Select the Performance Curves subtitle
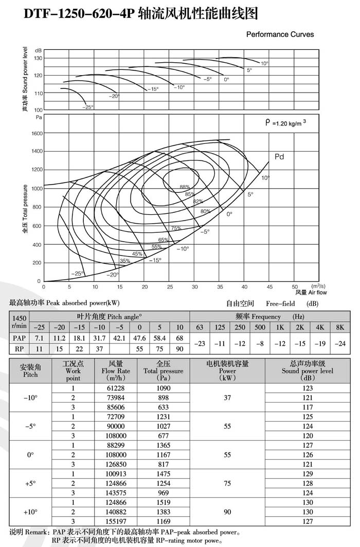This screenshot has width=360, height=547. point(280,34)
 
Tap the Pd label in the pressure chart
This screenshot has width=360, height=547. point(279,157)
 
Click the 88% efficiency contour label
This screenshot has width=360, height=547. point(185,187)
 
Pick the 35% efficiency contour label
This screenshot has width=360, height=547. point(125,261)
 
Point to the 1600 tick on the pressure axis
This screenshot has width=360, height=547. point(35,133)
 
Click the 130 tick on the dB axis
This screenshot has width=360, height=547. point(38,58)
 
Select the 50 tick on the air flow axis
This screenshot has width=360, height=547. point(295,286)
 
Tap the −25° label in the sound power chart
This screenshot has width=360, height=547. point(88,107)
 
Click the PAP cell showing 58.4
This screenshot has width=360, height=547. point(160,338)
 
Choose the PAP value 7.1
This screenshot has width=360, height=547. point(39,338)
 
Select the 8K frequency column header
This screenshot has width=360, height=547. point(340,327)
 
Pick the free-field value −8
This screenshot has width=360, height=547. point(260,343)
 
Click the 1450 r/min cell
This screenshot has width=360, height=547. point(20,322)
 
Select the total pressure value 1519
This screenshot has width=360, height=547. point(163,502)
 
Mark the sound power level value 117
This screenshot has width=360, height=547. point(308,407)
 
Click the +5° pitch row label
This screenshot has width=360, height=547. point(30,483)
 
